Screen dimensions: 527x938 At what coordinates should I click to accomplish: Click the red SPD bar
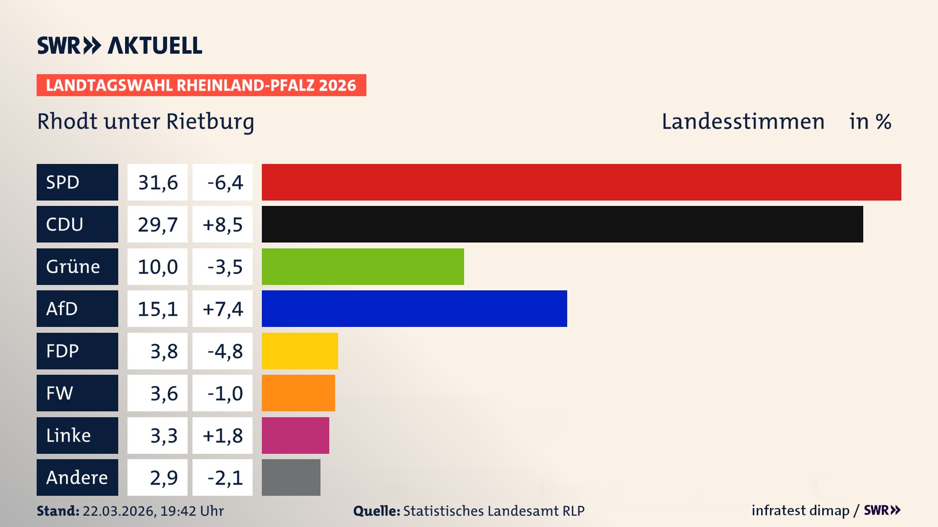[x=581, y=182]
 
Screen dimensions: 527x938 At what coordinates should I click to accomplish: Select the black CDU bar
[x=562, y=224]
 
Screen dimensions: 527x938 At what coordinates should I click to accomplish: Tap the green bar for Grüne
[x=362, y=266]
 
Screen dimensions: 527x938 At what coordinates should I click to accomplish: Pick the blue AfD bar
[x=414, y=308]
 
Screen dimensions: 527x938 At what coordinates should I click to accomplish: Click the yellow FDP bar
[x=299, y=351]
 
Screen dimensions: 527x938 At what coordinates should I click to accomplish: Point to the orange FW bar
[x=298, y=393]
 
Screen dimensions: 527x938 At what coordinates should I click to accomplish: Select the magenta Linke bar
[x=295, y=435]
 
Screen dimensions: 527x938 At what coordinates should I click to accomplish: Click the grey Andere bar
[x=291, y=477]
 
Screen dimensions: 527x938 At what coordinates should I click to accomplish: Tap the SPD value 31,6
[x=157, y=182]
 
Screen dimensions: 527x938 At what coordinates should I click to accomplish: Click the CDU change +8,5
[x=222, y=224]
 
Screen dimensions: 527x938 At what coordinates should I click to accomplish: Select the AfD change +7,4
[x=222, y=309]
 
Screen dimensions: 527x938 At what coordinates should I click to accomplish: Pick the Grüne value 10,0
[x=157, y=267]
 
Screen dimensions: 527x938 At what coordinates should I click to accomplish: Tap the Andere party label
[x=77, y=477]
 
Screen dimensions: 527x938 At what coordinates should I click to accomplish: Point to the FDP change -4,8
[x=224, y=351]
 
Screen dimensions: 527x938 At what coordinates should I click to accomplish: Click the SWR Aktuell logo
[x=120, y=45]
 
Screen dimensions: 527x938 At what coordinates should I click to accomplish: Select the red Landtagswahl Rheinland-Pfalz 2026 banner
[x=201, y=85]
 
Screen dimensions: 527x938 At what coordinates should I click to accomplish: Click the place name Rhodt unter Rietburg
[x=146, y=122]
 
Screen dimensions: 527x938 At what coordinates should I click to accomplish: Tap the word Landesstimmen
[x=743, y=122]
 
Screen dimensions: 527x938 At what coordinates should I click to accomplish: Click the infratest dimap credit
[x=800, y=510]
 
